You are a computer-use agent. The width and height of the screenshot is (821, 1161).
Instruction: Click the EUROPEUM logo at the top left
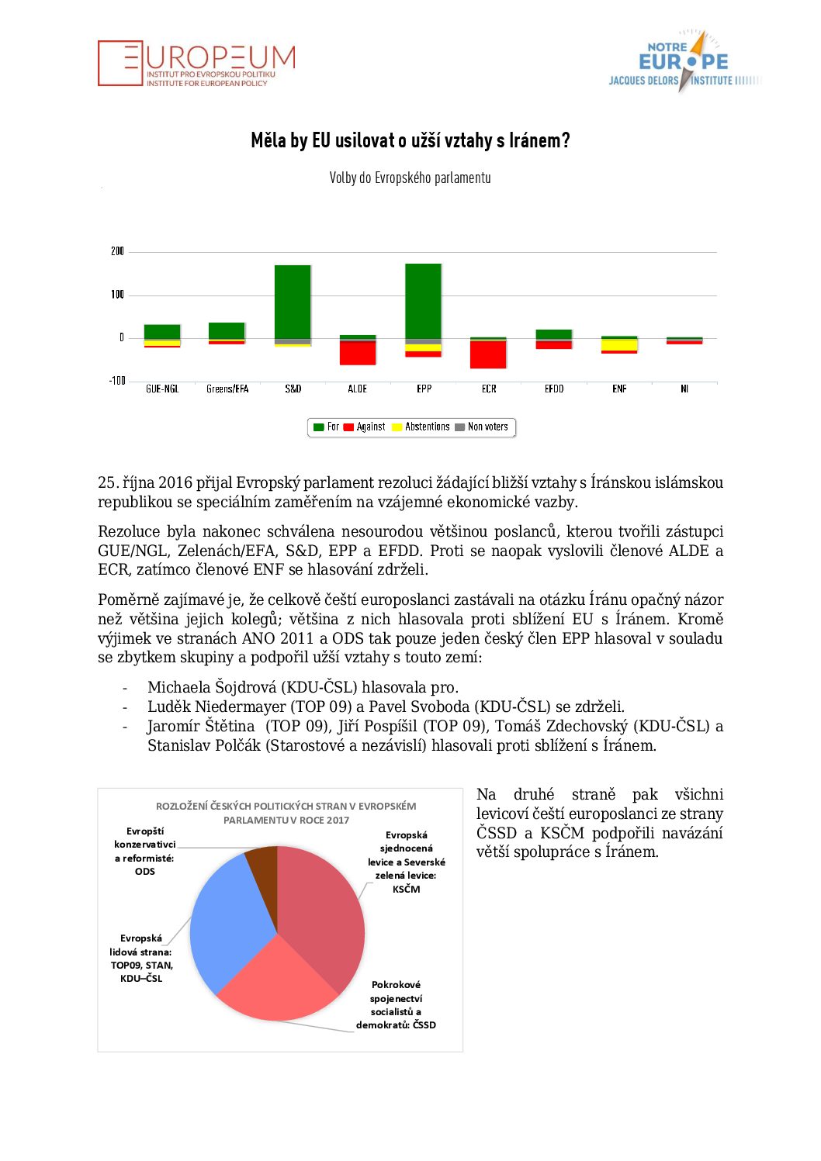pos(196,63)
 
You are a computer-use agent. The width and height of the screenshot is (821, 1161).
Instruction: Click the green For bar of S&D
pos(293,302)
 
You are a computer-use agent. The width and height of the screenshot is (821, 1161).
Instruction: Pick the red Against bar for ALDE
pos(358,354)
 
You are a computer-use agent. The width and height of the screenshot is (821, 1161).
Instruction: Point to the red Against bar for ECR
pos(488,355)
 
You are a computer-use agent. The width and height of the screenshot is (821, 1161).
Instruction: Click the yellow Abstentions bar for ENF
pos(619,345)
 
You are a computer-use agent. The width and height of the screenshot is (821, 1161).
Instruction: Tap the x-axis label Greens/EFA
pos(227,389)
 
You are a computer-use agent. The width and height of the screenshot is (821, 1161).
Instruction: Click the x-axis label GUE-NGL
pos(162,389)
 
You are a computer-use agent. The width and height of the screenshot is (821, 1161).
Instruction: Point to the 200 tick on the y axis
pos(117,251)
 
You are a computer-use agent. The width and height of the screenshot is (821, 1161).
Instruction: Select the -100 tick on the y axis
pos(117,381)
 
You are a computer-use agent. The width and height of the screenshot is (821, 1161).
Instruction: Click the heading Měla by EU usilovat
pos(410,140)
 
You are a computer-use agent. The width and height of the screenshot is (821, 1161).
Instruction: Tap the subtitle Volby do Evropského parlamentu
pos(410,178)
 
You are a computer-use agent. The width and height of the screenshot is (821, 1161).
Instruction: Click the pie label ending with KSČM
pos(406,862)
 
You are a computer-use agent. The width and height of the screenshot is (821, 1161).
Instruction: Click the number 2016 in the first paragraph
pos(175,482)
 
